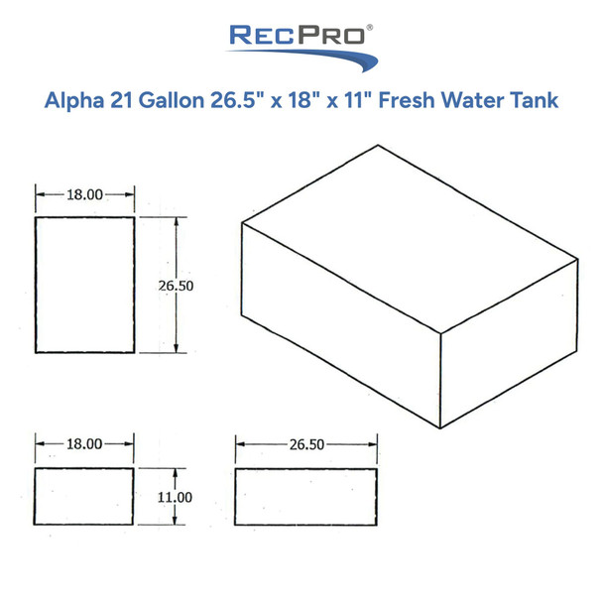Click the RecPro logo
coord(301,40)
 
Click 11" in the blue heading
coord(356,100)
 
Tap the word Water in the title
coord(475,100)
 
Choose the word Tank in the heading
coord(534,100)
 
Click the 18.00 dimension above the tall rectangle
coord(84,194)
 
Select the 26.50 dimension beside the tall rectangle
coord(176,285)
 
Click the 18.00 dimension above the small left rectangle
coord(84,444)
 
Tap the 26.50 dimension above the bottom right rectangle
coord(306,444)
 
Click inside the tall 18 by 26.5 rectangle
coord(84,284)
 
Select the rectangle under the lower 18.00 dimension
coord(84,495)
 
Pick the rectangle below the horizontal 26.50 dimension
coord(306,495)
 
